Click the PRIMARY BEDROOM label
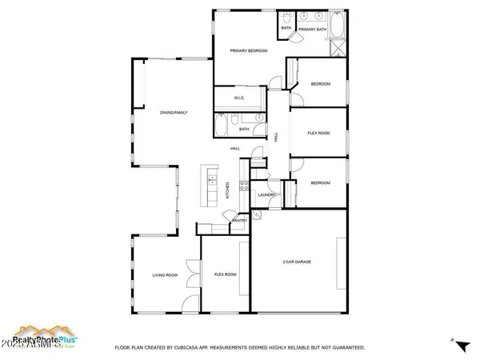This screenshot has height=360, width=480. [x=248, y=51]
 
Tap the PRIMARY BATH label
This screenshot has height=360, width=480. [x=313, y=30]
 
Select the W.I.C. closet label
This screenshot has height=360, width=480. [x=238, y=98]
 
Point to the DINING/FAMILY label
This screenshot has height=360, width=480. [x=174, y=113]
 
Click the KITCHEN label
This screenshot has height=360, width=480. [x=227, y=190]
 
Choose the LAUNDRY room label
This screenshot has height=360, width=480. [x=267, y=194]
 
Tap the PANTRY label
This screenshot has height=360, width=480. [x=238, y=221]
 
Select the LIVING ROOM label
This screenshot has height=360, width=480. [x=164, y=275]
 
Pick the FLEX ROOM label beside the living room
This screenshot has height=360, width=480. [x=225, y=274]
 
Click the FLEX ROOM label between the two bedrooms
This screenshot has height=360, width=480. [x=319, y=134]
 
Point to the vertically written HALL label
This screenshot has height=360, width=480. [x=276, y=137]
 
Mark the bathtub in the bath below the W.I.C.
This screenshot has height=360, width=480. [x=222, y=124]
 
